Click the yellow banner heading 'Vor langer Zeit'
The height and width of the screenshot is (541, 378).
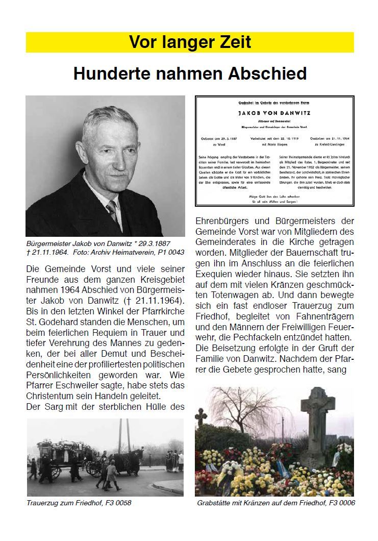pyautogui.click(x=190, y=42)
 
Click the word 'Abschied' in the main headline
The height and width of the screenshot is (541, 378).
pyautogui.click(x=268, y=74)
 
